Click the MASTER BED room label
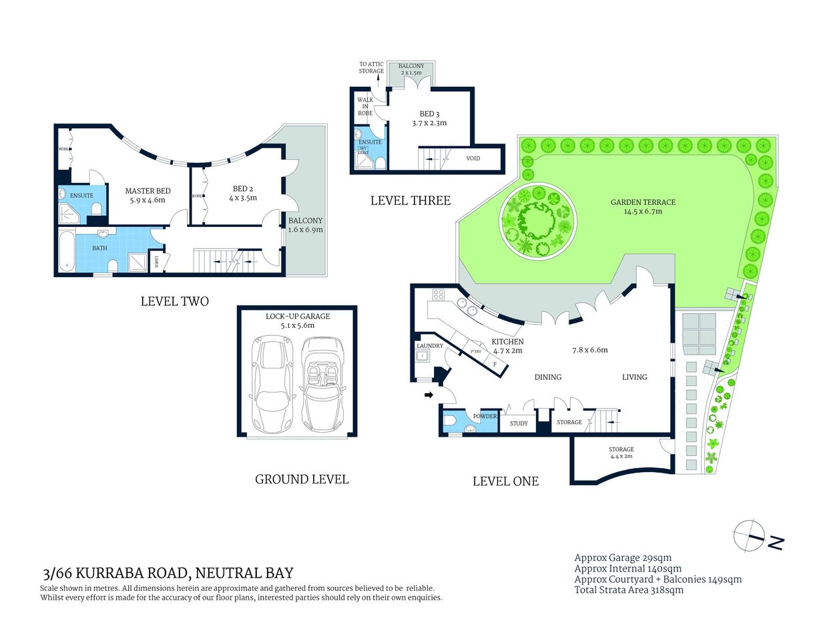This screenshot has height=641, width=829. [x=148, y=191]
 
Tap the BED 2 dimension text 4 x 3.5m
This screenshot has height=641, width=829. [x=243, y=198]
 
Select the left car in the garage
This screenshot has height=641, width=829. [x=270, y=385]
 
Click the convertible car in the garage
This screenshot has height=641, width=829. [x=322, y=385]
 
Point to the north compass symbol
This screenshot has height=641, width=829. [x=750, y=536]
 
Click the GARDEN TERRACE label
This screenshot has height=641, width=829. [x=643, y=202]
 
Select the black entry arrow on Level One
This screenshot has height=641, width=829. [x=429, y=395]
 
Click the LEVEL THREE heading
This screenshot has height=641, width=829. [x=410, y=200]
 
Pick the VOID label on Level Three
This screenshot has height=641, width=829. [x=473, y=158]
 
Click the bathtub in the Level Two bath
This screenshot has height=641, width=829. [x=67, y=250]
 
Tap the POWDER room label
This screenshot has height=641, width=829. [x=485, y=416]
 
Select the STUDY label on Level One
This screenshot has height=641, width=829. [x=519, y=423]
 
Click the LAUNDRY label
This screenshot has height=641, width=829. [x=429, y=346]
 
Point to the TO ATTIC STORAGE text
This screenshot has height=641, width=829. [x=371, y=67]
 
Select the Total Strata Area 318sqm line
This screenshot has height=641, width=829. [x=628, y=590]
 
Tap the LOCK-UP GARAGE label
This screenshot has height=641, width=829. [x=298, y=316]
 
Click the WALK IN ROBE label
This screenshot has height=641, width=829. [x=365, y=106]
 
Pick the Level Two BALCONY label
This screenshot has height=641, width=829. [x=305, y=220]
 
